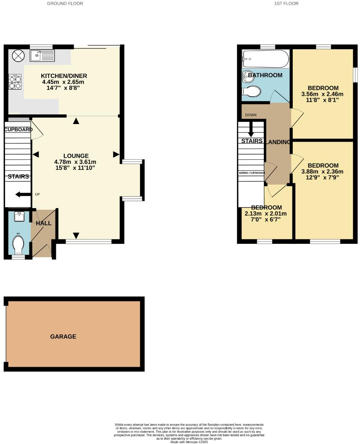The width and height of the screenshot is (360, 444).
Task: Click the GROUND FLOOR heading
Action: [x=65, y=3]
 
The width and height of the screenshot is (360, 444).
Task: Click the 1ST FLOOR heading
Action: [x=286, y=3]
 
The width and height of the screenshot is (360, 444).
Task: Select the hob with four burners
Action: [x=16, y=82]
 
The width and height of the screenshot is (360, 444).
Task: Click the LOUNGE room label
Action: [x=75, y=155]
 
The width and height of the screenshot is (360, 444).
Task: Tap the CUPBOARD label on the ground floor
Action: [x=18, y=129]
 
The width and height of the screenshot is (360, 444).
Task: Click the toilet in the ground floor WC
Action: [x=18, y=245]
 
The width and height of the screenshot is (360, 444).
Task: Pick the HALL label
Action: [x=43, y=223]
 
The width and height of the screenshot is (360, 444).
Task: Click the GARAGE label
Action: [x=63, y=336]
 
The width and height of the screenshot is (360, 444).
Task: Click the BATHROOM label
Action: [x=265, y=75]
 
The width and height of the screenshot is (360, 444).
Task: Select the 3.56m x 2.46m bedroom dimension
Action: [x=322, y=94]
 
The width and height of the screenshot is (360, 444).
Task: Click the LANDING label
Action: [x=279, y=142]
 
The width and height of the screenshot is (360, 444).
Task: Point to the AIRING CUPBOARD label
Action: [x=252, y=173]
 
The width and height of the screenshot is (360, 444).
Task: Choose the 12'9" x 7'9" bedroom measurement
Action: [x=322, y=177]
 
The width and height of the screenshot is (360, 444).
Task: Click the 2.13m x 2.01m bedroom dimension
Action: [x=266, y=214]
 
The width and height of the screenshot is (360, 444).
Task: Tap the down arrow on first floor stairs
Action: [x=251, y=127]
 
